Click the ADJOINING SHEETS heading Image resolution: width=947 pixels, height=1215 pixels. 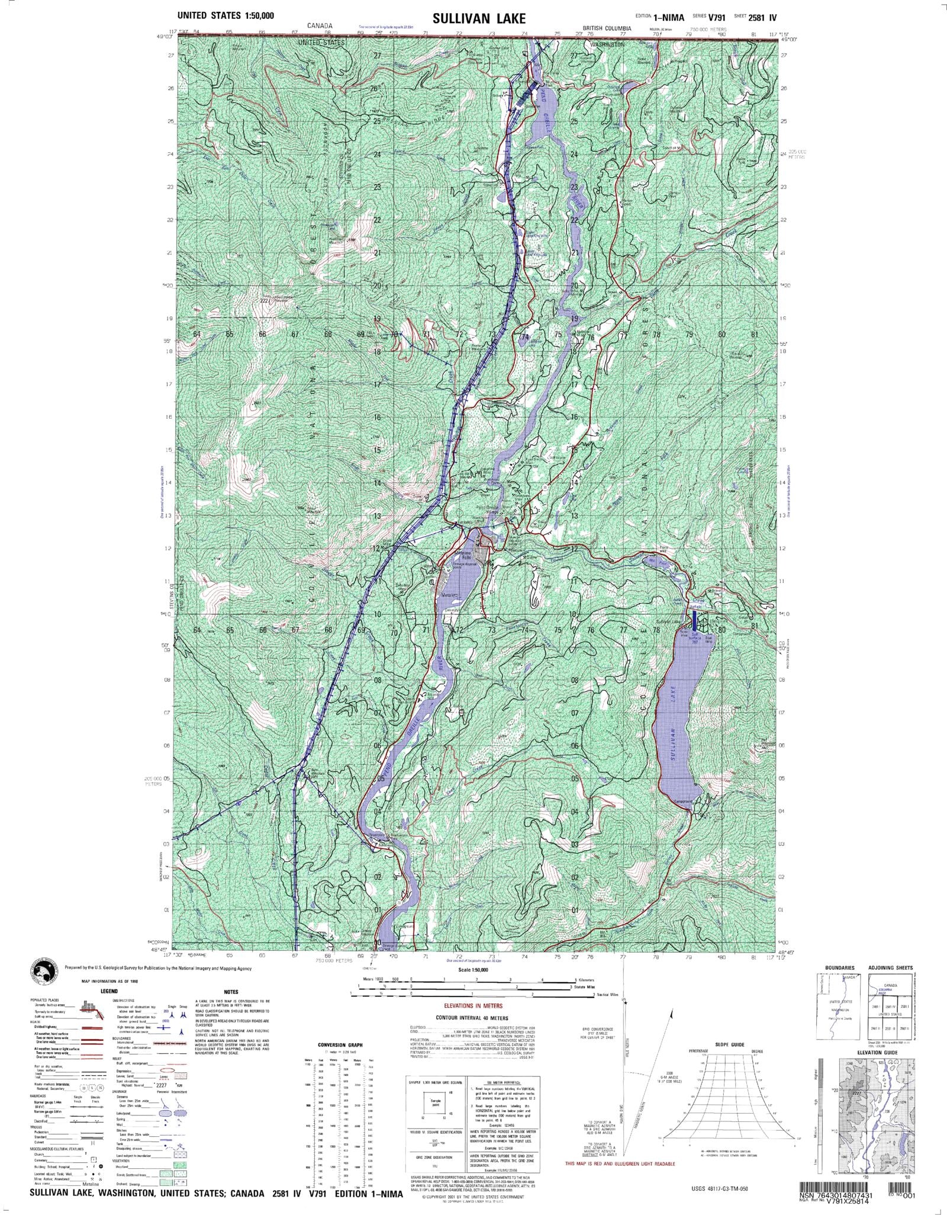pos(891,967)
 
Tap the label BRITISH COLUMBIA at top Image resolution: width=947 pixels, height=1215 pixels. pos(607,28)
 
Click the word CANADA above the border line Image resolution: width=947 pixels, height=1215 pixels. pos(320,26)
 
